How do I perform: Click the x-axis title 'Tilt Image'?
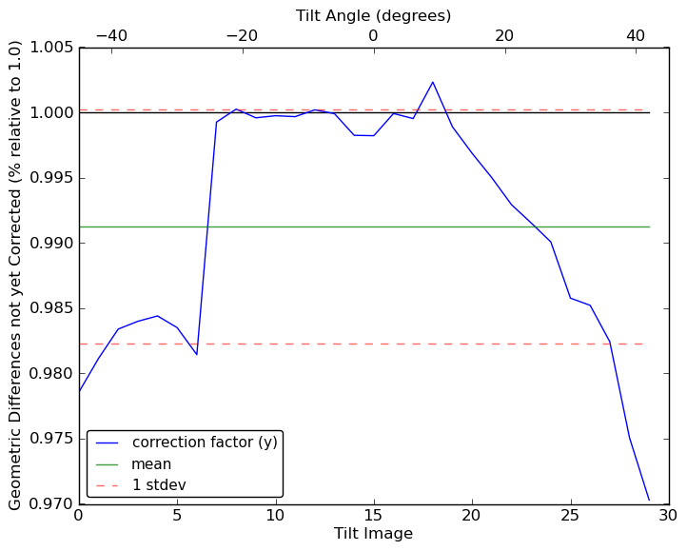(x=373, y=534)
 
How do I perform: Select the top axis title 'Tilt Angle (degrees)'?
(x=373, y=15)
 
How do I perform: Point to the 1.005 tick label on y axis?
(x=52, y=49)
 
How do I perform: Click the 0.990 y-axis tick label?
(x=52, y=244)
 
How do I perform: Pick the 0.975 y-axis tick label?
(x=52, y=439)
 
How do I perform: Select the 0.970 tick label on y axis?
(x=52, y=503)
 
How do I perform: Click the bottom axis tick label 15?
(x=373, y=516)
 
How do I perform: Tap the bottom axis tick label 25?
(x=570, y=516)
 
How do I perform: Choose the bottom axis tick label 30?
(x=668, y=516)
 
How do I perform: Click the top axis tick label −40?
(x=110, y=35)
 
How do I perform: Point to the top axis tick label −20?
(x=242, y=35)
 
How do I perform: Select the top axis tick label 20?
(x=504, y=35)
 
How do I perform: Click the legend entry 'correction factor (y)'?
(x=205, y=443)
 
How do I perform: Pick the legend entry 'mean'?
(x=151, y=464)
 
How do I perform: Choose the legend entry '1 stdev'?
(x=159, y=485)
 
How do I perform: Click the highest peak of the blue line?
(x=433, y=82)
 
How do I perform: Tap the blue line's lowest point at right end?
(x=649, y=500)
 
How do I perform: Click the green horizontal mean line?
(x=381, y=226)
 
